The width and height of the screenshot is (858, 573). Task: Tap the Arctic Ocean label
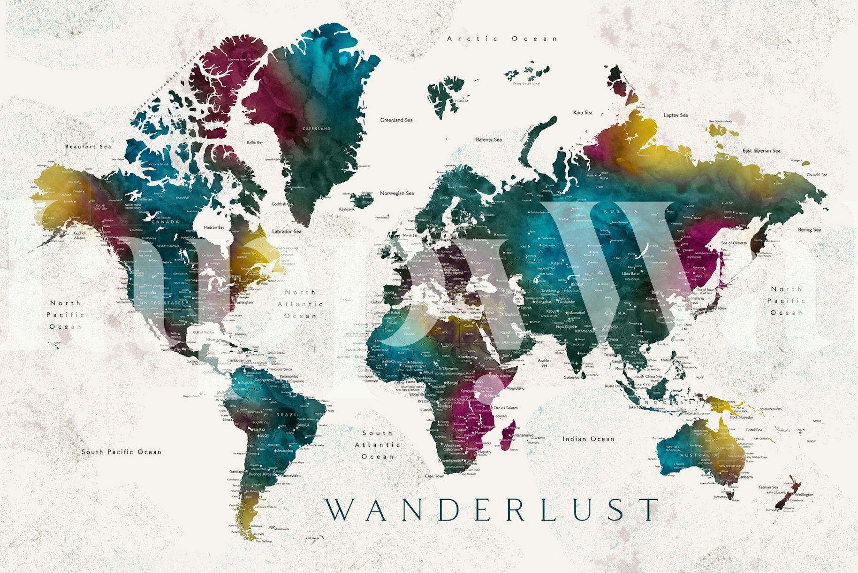502,39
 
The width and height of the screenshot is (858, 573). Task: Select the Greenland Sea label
396,120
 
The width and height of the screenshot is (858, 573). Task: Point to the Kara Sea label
583,113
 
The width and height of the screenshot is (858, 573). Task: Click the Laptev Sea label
676,115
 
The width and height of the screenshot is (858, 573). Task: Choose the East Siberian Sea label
761,151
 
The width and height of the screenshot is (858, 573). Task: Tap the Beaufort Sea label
88,147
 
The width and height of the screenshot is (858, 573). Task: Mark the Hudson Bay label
214,227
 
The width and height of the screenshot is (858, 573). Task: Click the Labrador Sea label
287,232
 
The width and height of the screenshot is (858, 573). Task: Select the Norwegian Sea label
397,194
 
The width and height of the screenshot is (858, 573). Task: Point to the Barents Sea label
489,139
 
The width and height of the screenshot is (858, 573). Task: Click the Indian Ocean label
588,439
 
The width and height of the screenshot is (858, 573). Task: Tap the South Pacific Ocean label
121,452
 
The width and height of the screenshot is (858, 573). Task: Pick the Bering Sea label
809,230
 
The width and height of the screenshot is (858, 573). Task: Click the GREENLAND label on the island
317,129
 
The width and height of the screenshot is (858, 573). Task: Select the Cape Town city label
434,476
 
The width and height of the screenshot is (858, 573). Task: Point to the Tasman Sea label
768,488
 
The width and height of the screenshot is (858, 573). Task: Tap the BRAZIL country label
288,415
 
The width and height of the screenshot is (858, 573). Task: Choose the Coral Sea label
754,430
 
